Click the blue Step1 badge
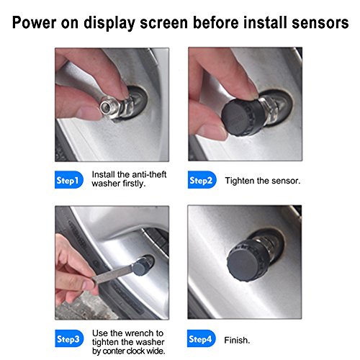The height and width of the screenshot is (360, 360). (x=69, y=180)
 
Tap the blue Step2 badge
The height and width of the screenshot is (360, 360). (x=202, y=180)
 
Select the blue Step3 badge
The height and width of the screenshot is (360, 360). (x=69, y=338)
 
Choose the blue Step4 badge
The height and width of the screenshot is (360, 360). (x=202, y=338)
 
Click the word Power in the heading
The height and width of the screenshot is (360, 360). (x=34, y=22)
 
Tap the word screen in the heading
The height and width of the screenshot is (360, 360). (x=163, y=23)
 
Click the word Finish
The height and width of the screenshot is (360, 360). (x=237, y=340)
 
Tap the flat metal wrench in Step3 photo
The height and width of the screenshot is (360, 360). (x=112, y=274)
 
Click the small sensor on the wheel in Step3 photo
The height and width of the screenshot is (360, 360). (x=141, y=266)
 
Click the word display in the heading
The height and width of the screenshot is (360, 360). (x=109, y=23)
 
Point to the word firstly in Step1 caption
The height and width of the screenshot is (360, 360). (x=134, y=184)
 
